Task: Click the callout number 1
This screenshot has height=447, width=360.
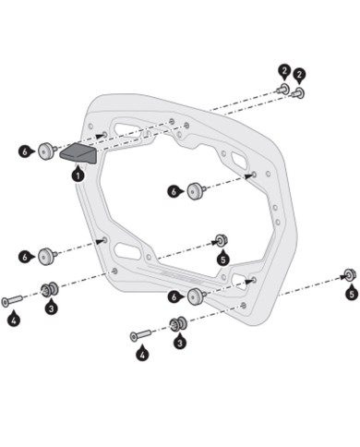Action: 78,174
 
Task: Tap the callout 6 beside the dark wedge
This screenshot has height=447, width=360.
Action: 25,150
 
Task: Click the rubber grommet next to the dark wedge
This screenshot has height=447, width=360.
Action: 44,150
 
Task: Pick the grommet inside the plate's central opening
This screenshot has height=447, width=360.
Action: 196,191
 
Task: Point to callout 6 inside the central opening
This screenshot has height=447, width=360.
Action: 174,191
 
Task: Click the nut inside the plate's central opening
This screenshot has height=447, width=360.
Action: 222,240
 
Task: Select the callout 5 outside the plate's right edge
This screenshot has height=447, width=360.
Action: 351,294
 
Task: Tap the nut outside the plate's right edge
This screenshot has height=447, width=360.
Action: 349,274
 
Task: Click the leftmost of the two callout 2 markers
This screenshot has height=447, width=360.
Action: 283,71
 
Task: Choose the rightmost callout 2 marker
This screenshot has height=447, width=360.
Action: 300,75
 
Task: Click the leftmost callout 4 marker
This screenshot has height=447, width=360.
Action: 13,320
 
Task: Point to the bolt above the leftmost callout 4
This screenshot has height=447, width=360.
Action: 14,300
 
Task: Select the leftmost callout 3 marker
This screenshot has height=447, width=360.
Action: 52,308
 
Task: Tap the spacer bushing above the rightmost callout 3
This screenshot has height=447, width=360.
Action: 178,323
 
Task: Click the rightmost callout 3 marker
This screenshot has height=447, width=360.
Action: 179,343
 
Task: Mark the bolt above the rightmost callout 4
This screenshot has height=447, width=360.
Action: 141,333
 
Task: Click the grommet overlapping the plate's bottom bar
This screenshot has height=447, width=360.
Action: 196,296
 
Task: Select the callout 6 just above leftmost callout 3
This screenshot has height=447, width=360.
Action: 25,256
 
